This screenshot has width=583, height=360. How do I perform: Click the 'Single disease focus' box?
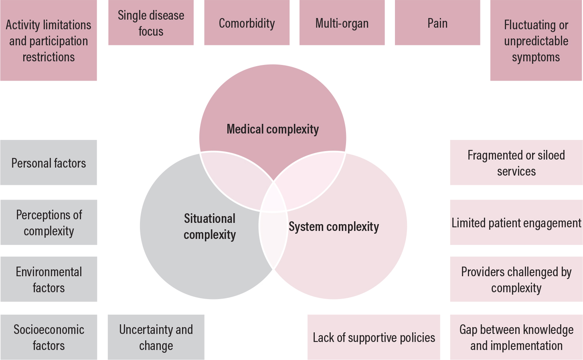point(151,23)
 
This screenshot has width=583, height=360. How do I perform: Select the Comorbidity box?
point(247,23)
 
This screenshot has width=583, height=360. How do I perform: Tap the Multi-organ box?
point(342,23)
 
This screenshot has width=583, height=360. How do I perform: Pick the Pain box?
point(437,23)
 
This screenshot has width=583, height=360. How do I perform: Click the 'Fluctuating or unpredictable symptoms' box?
point(536,40)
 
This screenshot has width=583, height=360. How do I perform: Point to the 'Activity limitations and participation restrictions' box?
point(49,40)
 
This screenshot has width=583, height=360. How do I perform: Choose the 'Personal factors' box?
point(49,163)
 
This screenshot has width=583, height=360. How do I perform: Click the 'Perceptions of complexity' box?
point(49,222)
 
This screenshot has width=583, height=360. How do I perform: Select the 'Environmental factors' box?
point(49,279)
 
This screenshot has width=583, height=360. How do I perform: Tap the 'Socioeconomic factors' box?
point(49,337)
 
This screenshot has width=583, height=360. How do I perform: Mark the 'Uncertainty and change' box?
point(156,337)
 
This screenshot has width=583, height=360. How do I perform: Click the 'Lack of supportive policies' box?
point(374,337)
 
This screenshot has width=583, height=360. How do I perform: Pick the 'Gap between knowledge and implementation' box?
point(516,337)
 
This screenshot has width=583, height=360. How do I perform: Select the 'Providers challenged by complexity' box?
point(516,279)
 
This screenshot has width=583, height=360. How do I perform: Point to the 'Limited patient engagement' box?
point(516,222)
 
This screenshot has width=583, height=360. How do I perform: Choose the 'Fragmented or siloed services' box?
point(516,163)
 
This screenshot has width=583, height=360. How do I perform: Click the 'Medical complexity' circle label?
point(273,129)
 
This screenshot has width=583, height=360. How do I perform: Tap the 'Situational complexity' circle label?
point(210,227)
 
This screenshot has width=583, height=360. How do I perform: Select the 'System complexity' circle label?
point(334,227)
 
